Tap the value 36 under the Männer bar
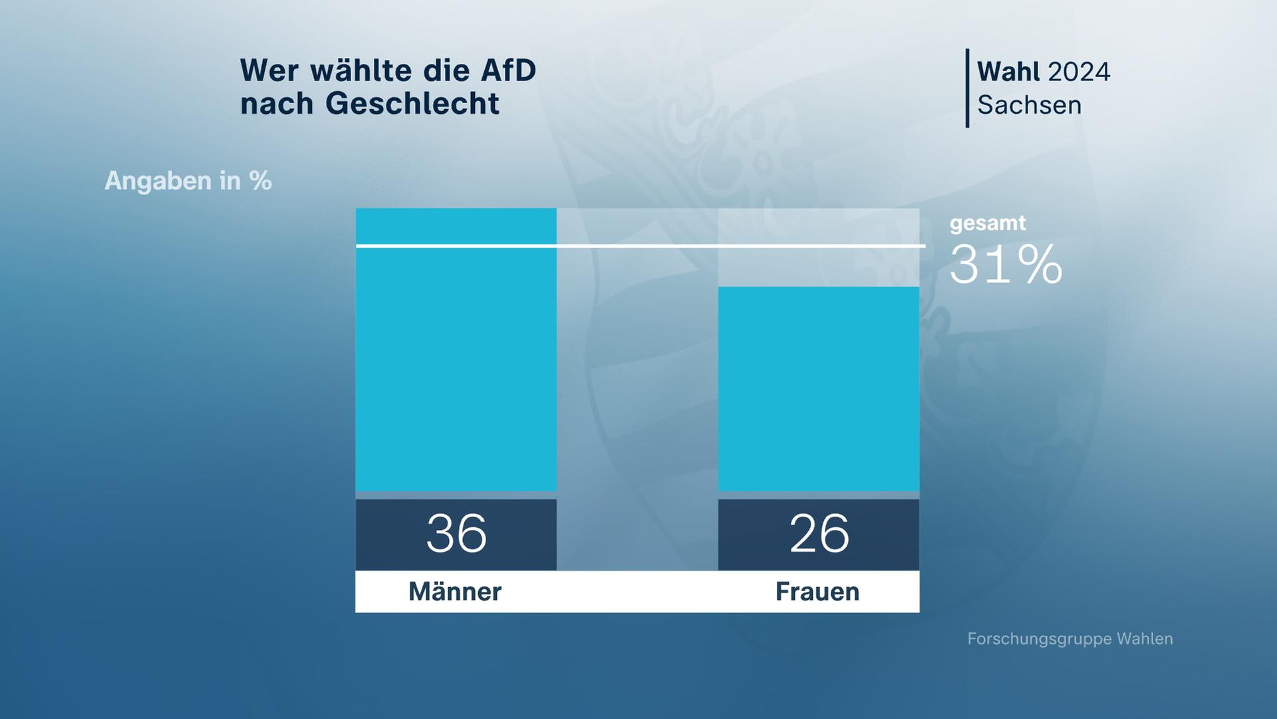(x=456, y=534)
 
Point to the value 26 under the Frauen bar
(x=819, y=534)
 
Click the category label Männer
(x=455, y=592)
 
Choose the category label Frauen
(x=817, y=592)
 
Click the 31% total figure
(x=1006, y=265)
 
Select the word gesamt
(x=988, y=223)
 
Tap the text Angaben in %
(x=188, y=181)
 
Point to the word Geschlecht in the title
(x=412, y=104)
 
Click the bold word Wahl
(x=1008, y=72)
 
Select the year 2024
(x=1078, y=72)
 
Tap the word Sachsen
(x=1029, y=105)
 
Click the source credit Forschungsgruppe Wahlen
(x=1069, y=639)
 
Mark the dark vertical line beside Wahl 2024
(x=967, y=88)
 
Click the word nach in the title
(x=277, y=104)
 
